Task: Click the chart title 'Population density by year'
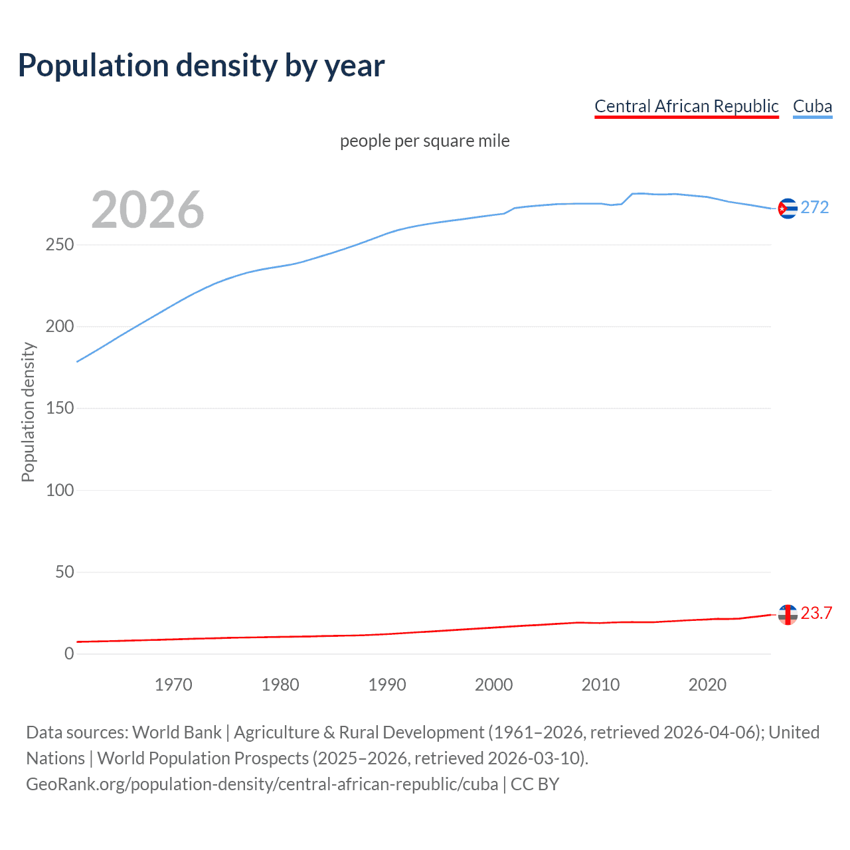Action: pos(201,66)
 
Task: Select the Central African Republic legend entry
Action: pos(686,106)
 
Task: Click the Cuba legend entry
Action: pos(812,106)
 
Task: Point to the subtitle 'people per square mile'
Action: pos(424,141)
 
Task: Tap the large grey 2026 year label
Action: pos(147,210)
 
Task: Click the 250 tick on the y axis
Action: pos(60,245)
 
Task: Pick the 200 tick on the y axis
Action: pos(60,327)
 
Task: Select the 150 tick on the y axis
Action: pos(60,408)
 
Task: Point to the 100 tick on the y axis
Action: pos(60,490)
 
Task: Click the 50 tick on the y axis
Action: pos(64,572)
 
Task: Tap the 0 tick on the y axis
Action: pos(69,653)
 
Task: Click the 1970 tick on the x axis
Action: pos(173,685)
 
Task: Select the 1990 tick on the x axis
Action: pos(387,685)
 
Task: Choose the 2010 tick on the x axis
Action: pos(600,685)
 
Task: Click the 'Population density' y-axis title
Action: pos(28,412)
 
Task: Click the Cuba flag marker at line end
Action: pos(787,209)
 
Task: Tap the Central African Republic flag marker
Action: pos(787,614)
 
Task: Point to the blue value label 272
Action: pos(815,208)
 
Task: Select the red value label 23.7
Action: pos(816,614)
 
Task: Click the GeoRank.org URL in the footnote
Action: pos(262,784)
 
